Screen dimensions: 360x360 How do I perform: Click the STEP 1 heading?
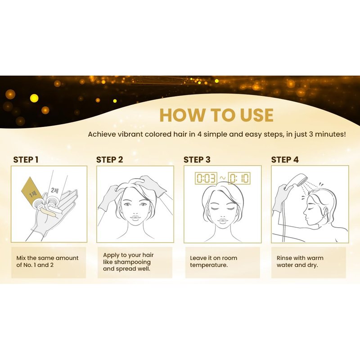pyautogui.click(x=26, y=160)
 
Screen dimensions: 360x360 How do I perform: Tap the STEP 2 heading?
pyautogui.click(x=109, y=160)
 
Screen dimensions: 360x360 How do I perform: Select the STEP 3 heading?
pyautogui.click(x=197, y=160)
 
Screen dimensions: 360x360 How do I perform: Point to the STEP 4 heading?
pyautogui.click(x=285, y=160)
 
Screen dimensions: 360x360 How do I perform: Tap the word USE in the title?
pyautogui.click(x=256, y=115)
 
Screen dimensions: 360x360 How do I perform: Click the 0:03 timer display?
pyautogui.click(x=206, y=178)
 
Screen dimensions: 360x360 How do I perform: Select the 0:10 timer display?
pyautogui.click(x=239, y=178)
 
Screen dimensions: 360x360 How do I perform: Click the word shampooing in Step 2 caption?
pyautogui.click(x=132, y=262)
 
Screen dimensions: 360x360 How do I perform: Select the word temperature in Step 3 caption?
pyautogui.click(x=209, y=265)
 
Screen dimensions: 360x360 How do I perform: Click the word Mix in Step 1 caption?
pyautogui.click(x=21, y=258)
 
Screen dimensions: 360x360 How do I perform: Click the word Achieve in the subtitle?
pyautogui.click(x=102, y=134)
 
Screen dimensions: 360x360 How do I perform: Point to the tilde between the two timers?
pyautogui.click(x=222, y=178)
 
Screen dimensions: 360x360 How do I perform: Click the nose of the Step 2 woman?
pyautogui.click(x=135, y=210)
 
